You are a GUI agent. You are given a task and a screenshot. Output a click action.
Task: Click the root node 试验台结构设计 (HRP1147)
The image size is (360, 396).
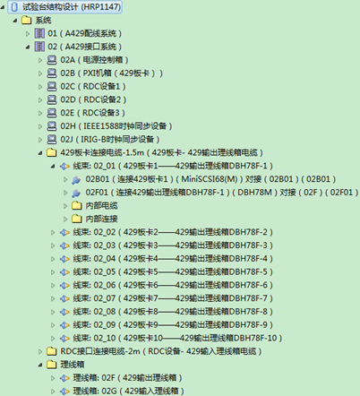pyautogui.click(x=72, y=7)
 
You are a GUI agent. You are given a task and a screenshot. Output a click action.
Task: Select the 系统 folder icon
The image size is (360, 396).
pyautogui.click(x=26, y=21)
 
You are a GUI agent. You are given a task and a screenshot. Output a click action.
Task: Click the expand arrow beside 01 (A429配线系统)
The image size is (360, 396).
pyautogui.click(x=28, y=34)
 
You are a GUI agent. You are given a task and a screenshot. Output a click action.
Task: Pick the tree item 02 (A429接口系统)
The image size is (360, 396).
pyautogui.click(x=84, y=47)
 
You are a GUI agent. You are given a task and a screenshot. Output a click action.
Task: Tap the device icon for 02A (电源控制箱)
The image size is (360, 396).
pyautogui.click(x=52, y=60)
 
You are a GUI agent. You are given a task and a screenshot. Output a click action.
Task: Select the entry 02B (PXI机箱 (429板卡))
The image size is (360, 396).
pyautogui.click(x=111, y=73)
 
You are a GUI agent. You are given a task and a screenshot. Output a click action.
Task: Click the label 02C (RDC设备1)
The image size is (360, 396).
pyautogui.click(x=93, y=87)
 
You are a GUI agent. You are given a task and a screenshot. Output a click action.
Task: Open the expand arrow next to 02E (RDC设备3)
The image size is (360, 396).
pyautogui.click(x=40, y=113)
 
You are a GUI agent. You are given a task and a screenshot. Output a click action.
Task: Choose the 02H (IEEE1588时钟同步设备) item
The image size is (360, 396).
pyautogui.click(x=116, y=126)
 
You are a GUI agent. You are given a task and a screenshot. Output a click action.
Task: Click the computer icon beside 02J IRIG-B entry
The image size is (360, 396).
pyautogui.click(x=52, y=140)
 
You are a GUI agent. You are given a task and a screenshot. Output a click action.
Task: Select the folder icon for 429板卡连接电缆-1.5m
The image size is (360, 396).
pyautogui.click(x=52, y=152)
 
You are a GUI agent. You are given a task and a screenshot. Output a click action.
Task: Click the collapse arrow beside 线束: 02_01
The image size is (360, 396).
pyautogui.click(x=53, y=166)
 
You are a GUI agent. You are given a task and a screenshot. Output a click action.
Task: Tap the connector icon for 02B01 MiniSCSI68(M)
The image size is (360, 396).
pyautogui.click(x=76, y=179)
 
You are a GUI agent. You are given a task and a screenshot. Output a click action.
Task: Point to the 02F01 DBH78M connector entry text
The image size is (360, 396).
pyautogui.click(x=222, y=193)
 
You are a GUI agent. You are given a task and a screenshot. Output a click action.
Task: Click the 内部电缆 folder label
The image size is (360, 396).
pyautogui.click(x=101, y=205)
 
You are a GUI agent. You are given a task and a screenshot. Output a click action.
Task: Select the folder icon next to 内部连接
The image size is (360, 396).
pyautogui.click(x=77, y=219)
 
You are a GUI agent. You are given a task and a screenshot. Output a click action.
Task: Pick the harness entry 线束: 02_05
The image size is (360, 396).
pyautogui.click(x=173, y=271)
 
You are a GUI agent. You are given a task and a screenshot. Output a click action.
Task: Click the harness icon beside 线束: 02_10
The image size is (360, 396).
pyautogui.click(x=64, y=339)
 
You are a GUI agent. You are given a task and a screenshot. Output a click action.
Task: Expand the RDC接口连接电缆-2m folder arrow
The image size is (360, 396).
pyautogui.click(x=40, y=351)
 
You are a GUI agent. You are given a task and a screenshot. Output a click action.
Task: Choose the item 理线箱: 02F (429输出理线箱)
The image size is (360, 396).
pyautogui.click(x=127, y=378)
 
